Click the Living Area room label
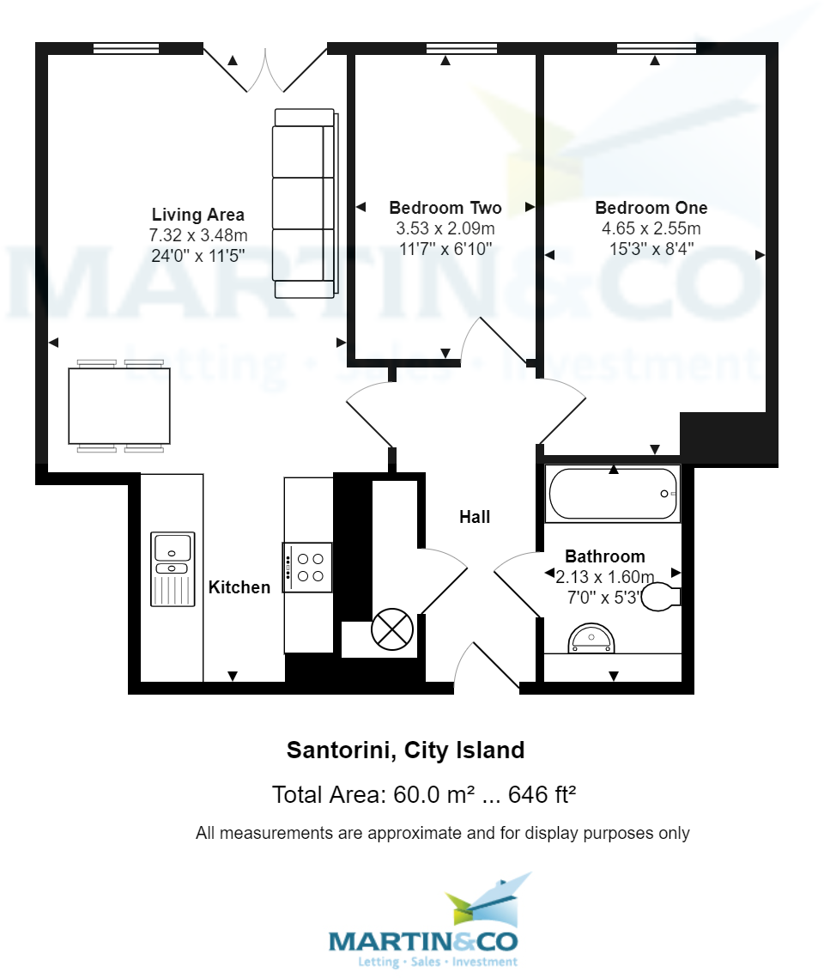coord(198,215)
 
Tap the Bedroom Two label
coord(445,208)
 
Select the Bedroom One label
coord(651,208)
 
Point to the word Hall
coord(475,517)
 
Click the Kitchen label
coord(239,587)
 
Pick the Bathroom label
coord(605,556)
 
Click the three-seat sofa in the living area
coord(304,203)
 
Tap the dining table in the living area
coord(119,405)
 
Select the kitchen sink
coord(173,568)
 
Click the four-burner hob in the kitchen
coord(308,567)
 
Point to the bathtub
coord(613,494)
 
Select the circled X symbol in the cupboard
coord(392,629)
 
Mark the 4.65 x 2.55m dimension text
coord(651,229)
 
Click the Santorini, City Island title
coord(405,750)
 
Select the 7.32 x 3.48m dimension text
coord(198,235)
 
